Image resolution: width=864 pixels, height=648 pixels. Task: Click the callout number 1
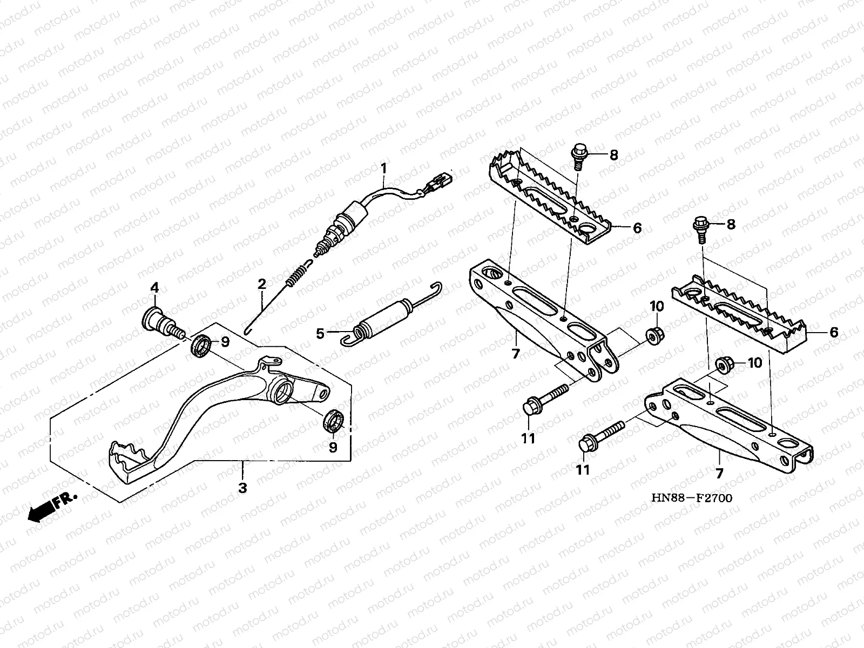pos(383,168)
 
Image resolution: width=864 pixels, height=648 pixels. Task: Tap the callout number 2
pos(261,283)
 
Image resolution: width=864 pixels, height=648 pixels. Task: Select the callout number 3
pos(242,488)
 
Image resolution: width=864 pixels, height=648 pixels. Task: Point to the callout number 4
pos(154,287)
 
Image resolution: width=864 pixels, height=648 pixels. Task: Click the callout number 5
pos(320,333)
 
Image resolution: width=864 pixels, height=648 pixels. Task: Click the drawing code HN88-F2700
pos(692,497)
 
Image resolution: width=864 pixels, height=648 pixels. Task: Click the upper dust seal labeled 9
pos(201,346)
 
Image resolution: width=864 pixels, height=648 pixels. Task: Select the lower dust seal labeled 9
pos(333,421)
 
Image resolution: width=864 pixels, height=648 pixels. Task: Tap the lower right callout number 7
pos(719,474)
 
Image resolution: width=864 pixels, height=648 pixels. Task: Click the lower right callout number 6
pos(834,333)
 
